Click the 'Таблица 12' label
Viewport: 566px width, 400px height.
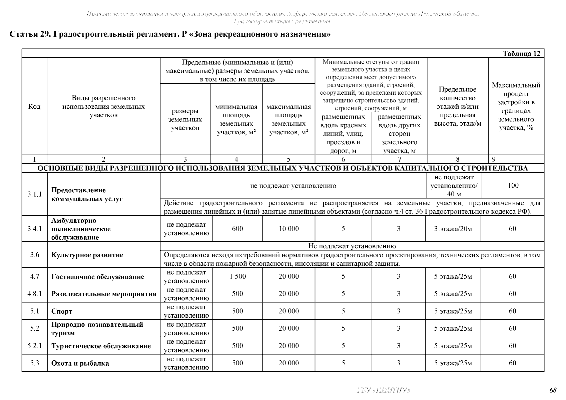[521, 54]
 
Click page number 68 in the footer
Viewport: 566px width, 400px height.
[553, 390]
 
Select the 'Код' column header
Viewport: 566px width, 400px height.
[34, 106]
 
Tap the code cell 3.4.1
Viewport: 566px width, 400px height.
[35, 229]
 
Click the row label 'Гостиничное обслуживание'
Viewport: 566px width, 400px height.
[98, 277]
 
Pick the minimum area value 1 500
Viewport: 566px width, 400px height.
[237, 276]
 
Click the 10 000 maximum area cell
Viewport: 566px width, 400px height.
[289, 229]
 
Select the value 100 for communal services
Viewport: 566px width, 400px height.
[513, 186]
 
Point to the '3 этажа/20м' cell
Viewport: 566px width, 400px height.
[453, 229]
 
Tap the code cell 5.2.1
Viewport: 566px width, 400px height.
[35, 346]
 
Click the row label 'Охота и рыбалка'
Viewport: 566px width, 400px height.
[80, 363]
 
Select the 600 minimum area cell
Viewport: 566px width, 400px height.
[237, 229]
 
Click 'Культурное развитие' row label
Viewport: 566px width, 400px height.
[87, 255]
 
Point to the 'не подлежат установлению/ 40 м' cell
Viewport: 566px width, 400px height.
[454, 186]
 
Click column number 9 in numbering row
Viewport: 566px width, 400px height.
[494, 159]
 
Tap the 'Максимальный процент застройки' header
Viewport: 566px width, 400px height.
[516, 106]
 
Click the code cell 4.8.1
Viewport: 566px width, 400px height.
[35, 294]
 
